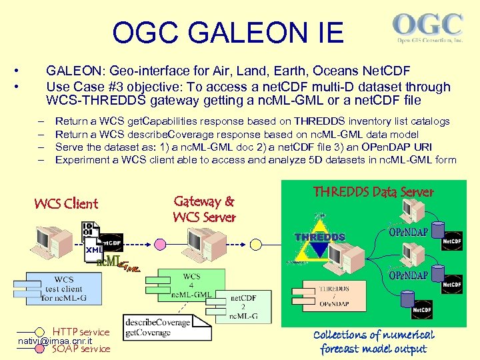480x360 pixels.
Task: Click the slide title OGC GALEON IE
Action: pos(228,33)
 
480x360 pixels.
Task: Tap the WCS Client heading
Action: pos(66,204)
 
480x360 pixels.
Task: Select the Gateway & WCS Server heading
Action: pos(204,209)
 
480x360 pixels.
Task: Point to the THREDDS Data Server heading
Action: pos(373,192)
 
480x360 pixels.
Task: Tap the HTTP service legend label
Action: pos(81,332)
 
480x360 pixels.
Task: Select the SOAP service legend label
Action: pos(81,348)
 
